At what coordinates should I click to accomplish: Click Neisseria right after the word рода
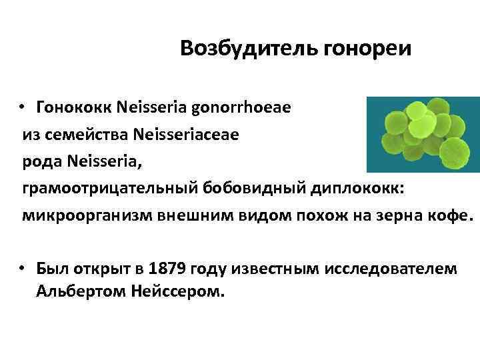click(99, 162)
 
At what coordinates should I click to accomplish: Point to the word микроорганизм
click(77, 217)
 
